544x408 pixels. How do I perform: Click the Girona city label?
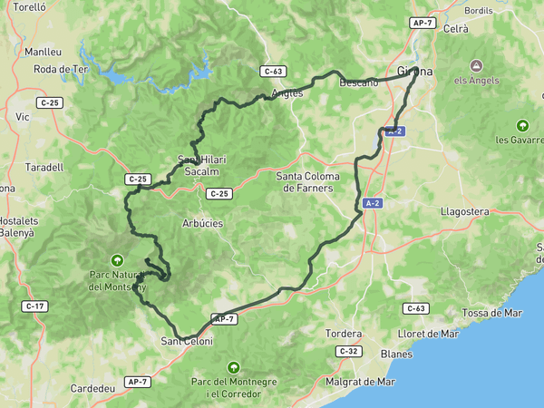tap(415, 71)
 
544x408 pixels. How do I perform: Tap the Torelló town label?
tap(30, 5)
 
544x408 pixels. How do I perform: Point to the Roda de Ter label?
tap(60, 69)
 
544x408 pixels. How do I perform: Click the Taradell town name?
tap(44, 167)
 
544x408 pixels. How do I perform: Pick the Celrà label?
tap(456, 29)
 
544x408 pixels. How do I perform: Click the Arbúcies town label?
tap(203, 223)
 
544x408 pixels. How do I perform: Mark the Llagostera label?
tap(463, 211)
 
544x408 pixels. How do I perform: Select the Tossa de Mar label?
tap(492, 313)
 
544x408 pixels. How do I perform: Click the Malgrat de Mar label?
tap(361, 381)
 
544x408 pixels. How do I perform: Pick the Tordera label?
tap(344, 334)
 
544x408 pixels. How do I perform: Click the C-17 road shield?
tap(35, 306)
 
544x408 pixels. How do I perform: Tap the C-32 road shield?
tap(349, 351)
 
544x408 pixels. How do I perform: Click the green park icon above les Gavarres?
tap(521, 125)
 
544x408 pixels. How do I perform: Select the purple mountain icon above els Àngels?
tap(477, 65)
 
